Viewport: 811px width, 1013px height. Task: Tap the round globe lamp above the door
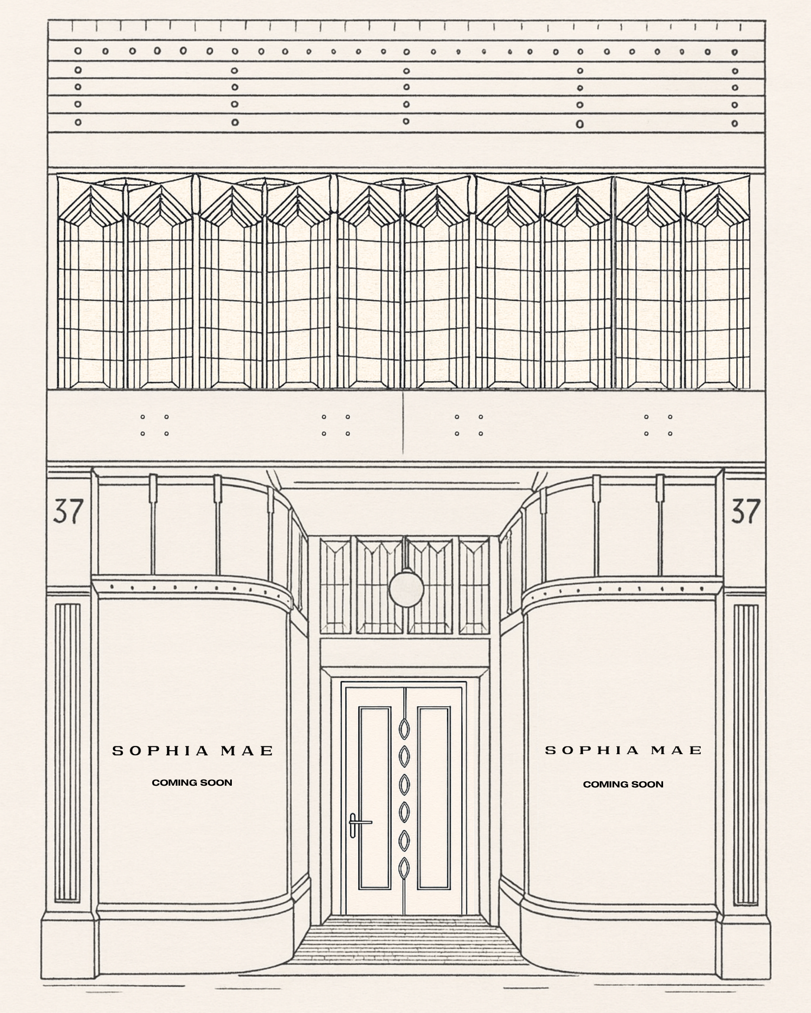point(406,588)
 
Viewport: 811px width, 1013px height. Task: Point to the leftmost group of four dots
point(154,425)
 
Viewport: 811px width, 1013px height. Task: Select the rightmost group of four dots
point(658,425)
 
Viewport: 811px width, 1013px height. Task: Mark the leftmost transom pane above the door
point(335,586)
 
